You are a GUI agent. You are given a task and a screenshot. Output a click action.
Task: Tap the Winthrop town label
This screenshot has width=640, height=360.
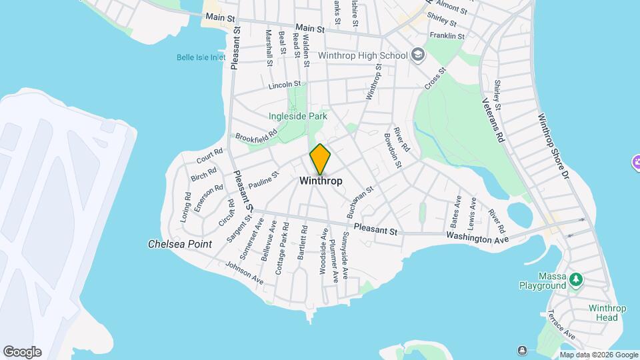321,181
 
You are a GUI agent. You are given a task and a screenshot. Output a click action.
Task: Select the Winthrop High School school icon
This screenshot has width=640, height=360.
418,55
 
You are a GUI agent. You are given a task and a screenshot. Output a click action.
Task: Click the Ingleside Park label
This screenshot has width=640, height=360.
298,116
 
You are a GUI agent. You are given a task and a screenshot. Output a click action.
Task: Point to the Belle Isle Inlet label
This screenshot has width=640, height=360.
201,57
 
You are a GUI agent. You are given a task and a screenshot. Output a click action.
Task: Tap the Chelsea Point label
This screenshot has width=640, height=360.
179,244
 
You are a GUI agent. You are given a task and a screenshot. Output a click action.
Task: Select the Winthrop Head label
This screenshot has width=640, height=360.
607,313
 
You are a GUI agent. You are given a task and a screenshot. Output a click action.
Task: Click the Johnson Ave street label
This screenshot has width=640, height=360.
244,273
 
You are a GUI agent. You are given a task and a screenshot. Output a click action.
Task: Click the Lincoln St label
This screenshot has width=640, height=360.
285,85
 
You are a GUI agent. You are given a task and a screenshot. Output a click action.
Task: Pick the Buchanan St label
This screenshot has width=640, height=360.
361,198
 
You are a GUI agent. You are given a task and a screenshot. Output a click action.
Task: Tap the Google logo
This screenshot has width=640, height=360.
22,352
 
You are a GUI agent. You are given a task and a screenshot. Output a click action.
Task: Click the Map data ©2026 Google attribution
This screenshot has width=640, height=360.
598,355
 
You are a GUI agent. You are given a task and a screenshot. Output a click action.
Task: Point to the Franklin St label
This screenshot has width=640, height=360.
447,35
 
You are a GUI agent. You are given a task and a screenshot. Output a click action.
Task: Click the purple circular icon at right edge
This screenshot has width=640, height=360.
636,162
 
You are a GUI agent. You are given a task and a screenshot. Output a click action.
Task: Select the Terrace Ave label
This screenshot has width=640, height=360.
560,323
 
